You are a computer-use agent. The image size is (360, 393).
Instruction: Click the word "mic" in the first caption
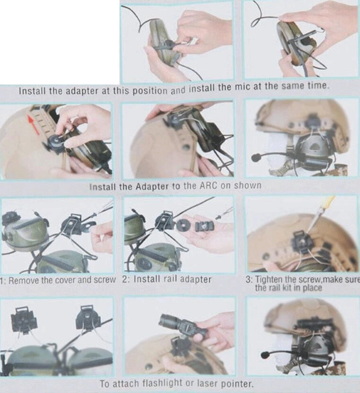[244, 87]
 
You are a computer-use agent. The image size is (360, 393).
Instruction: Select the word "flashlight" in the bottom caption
[163, 384]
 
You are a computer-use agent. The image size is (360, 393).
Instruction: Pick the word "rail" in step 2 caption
[170, 279]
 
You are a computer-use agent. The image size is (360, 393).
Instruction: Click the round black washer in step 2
[183, 225]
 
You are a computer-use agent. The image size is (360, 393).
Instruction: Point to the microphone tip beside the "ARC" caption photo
[256, 158]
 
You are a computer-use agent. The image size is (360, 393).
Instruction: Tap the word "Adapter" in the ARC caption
[152, 187]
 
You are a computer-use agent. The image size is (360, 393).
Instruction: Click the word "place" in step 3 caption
[312, 288]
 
